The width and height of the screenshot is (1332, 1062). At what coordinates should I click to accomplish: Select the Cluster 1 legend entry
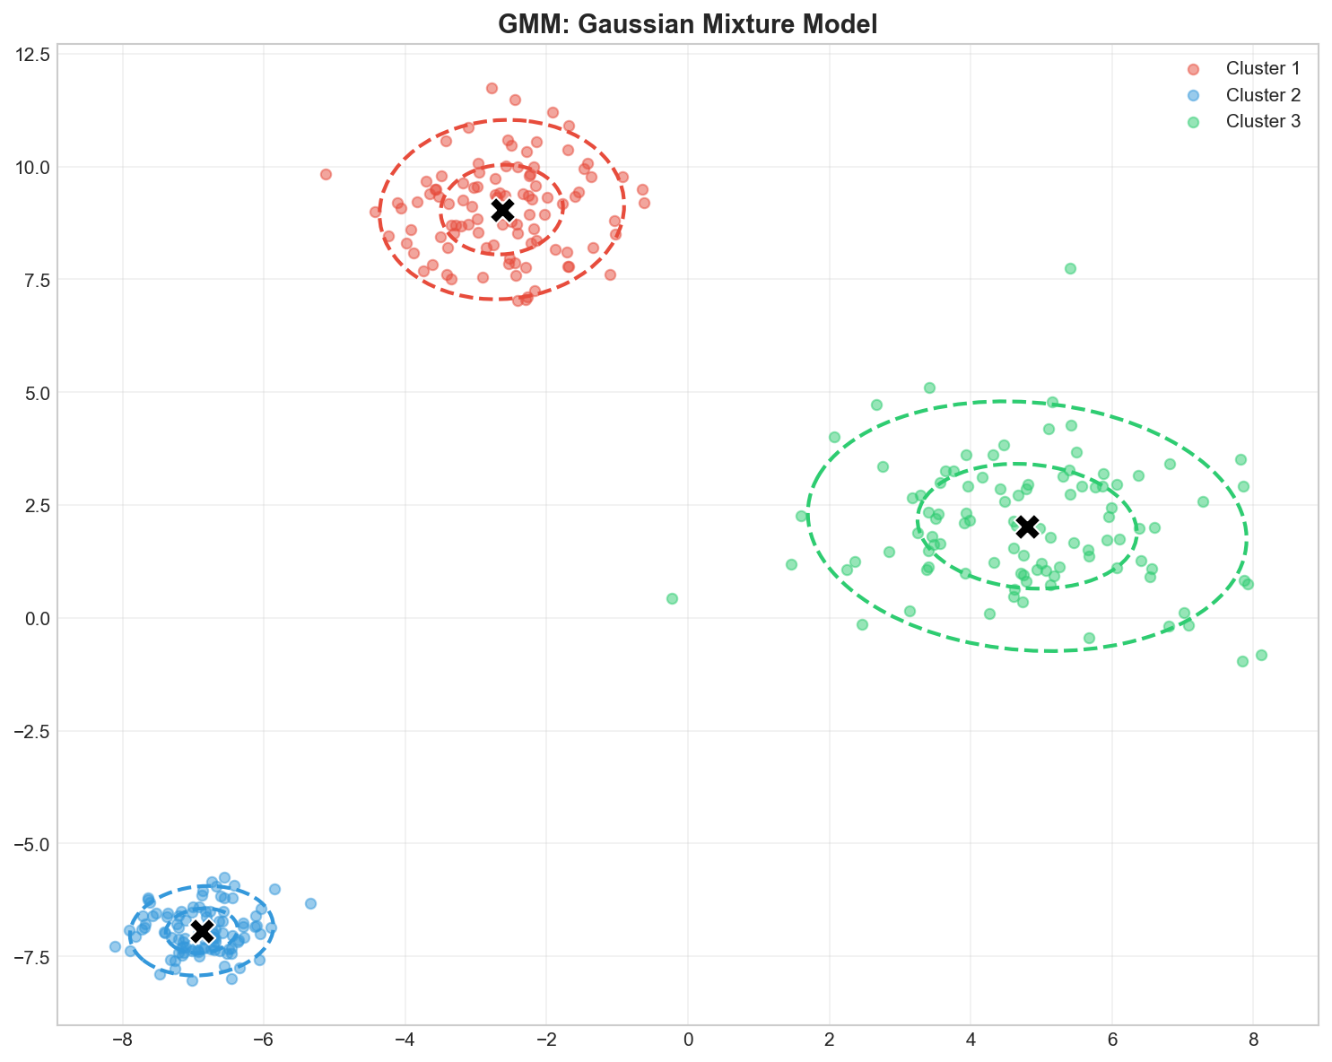pyautogui.click(x=1263, y=68)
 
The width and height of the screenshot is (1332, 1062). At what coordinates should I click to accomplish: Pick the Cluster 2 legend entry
pyautogui.click(x=1263, y=95)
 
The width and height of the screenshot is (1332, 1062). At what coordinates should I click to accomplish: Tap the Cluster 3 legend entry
pyautogui.click(x=1263, y=122)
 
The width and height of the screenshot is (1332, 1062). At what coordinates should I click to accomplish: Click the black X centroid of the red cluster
pyautogui.click(x=502, y=209)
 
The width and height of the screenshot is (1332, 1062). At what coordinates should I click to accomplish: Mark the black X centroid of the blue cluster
pyautogui.click(x=202, y=931)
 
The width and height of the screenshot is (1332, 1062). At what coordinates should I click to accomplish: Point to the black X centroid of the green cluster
pyautogui.click(x=1028, y=527)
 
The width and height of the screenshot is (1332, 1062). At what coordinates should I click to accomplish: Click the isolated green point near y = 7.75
pyautogui.click(x=1070, y=268)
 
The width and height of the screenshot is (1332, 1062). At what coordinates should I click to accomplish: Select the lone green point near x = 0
pyautogui.click(x=672, y=598)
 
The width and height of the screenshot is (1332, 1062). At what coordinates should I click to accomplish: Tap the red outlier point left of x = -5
pyautogui.click(x=326, y=174)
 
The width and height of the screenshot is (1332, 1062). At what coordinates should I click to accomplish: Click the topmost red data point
pyautogui.click(x=492, y=88)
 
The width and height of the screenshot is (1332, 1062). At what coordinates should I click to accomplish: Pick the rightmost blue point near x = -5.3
pyautogui.click(x=310, y=903)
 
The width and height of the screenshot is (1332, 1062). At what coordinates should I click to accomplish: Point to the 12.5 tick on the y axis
pyautogui.click(x=31, y=54)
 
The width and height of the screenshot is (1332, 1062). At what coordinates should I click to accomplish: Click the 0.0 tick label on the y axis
pyautogui.click(x=36, y=619)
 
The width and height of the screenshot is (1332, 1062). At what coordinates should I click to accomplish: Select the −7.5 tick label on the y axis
pyautogui.click(x=29, y=957)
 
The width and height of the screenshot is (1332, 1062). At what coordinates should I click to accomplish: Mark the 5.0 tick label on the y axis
pyautogui.click(x=36, y=393)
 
